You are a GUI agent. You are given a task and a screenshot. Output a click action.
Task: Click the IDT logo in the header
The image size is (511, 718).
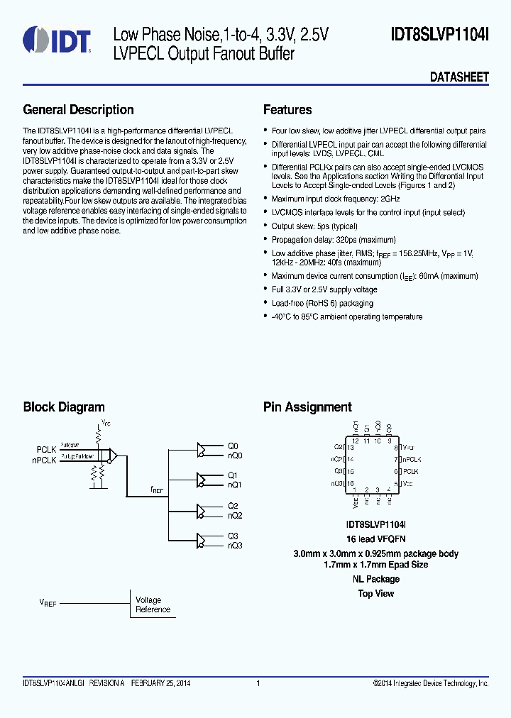tap(57, 41)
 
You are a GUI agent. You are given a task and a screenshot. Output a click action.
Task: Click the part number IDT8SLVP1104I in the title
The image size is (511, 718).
tap(439, 34)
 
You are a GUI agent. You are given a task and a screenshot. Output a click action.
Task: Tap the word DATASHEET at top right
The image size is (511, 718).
tap(459, 77)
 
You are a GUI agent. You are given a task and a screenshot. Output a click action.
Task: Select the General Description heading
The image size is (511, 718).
tap(78, 110)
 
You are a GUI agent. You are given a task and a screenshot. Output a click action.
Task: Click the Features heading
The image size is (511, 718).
tap(287, 110)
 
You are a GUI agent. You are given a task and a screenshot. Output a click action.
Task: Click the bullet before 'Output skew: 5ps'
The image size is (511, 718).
tap(265, 226)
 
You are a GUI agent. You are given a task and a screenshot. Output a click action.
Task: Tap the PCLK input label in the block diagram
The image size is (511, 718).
tap(46, 449)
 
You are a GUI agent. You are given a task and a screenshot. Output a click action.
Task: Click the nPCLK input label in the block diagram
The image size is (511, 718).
tap(44, 459)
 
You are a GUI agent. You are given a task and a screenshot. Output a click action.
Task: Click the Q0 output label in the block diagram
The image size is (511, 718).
tap(233, 446)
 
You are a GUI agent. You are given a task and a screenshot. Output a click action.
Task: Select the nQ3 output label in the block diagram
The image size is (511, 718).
tap(235, 546)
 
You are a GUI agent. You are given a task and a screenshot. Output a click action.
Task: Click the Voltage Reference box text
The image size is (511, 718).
tap(153, 604)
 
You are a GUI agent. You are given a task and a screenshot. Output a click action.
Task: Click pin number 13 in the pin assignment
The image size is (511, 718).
tap(349, 448)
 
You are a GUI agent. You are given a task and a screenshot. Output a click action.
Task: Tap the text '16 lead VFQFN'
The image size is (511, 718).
tap(375, 540)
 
